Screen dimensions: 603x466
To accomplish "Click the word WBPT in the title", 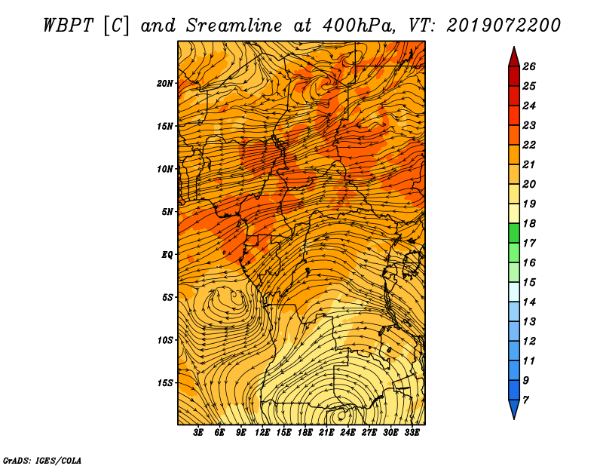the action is [69, 26].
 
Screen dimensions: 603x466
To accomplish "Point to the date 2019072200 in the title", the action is [504, 26].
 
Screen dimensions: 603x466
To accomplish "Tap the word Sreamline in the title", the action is [234, 26].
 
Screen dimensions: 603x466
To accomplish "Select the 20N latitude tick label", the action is [164, 84].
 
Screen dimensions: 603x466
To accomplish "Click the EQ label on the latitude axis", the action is [167, 255].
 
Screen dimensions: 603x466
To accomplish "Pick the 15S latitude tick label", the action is [164, 383].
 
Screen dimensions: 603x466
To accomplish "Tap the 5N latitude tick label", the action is [167, 212].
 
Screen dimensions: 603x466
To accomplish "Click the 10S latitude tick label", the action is [164, 340].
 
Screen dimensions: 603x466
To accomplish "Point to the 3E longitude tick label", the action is [198, 433].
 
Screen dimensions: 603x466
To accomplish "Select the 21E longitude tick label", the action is [326, 433].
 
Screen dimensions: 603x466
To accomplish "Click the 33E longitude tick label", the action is [412, 433].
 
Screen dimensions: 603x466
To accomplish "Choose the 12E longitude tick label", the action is [262, 433].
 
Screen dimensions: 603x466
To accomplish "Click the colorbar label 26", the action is [529, 66].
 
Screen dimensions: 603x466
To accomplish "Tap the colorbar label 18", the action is [529, 223].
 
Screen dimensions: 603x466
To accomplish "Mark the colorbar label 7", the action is [525, 400].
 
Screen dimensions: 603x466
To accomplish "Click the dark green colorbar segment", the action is [514, 233].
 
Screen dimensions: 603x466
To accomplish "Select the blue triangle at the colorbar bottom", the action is [514, 408].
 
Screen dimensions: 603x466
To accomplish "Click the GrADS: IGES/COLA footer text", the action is [42, 461].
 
